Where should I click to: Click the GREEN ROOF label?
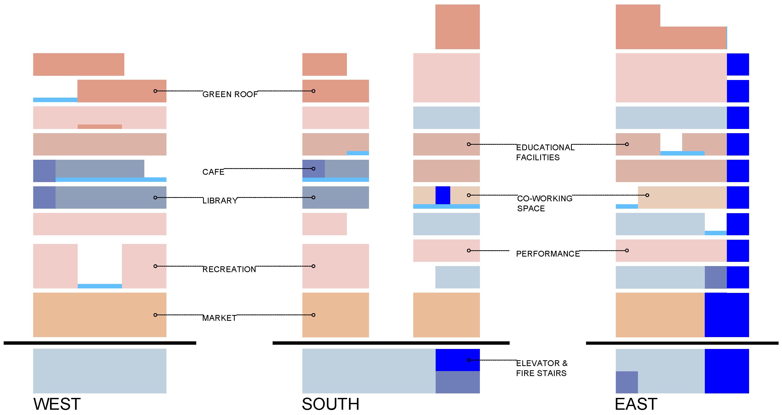[x=230, y=94]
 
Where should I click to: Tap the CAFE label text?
[x=213, y=172]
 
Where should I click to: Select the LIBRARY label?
[x=220, y=201]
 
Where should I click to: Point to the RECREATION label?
[x=229, y=269]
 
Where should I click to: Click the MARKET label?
[x=219, y=318]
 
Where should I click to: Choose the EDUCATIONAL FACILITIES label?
[x=545, y=152]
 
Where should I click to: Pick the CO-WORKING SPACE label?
[x=545, y=203]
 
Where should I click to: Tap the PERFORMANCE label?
[x=548, y=254]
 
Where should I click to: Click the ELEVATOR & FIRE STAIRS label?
[x=542, y=368]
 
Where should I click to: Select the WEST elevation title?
[x=57, y=404]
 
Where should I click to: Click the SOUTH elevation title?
[x=330, y=404]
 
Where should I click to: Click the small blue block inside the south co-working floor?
[x=442, y=195]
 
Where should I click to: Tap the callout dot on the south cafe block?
[x=313, y=169]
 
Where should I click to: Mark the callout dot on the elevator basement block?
[x=469, y=360]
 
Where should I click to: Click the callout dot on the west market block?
[x=155, y=315]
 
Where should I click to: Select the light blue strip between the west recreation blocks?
[x=100, y=286]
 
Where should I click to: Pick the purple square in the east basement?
[x=627, y=382]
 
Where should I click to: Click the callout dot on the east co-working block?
[x=647, y=195]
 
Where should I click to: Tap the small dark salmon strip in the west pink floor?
[x=100, y=127]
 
